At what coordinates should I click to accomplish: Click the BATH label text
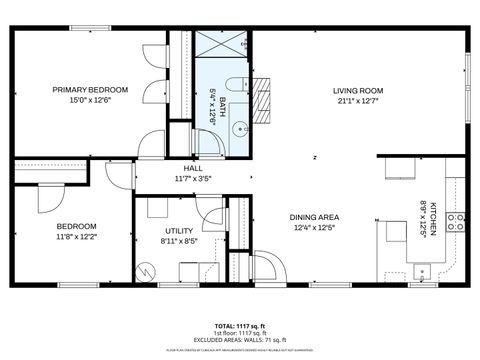(221, 103)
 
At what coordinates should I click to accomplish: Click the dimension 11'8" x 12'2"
(76, 237)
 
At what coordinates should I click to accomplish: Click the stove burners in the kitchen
(456, 222)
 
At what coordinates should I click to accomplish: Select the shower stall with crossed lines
(221, 45)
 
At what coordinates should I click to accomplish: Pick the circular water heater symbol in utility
(146, 270)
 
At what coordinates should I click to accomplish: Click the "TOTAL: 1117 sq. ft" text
(240, 327)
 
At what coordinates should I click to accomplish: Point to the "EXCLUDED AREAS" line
(240, 341)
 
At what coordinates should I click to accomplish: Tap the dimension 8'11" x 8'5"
(179, 240)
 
